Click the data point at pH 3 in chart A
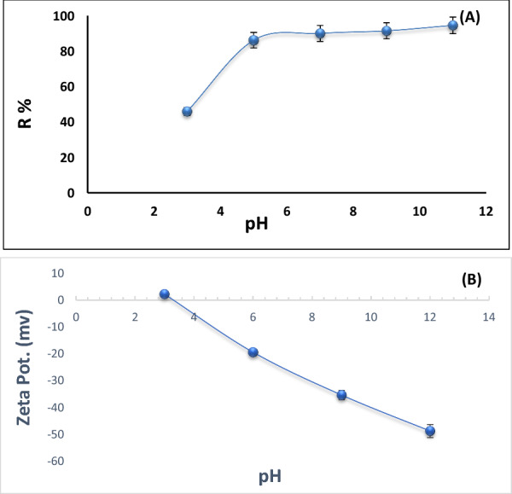[187, 112]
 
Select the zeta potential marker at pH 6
[253, 352]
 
